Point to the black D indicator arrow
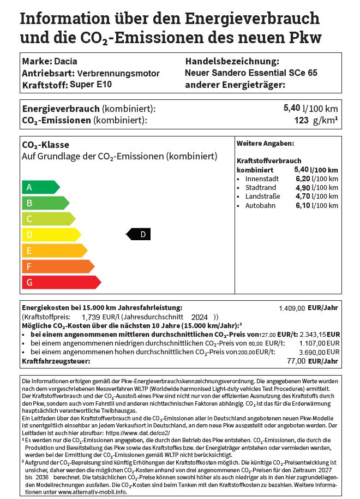tap(139, 235)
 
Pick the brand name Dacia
tap(66, 61)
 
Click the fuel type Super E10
tap(90, 85)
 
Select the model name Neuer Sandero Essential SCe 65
tap(251, 73)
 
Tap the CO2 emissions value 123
tap(301, 120)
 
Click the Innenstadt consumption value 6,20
tap(302, 179)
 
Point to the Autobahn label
tap(260, 205)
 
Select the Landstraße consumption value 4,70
tap(302, 197)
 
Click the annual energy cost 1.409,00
tap(292, 308)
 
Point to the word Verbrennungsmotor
tap(118, 73)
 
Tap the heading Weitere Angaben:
tap(265, 144)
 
